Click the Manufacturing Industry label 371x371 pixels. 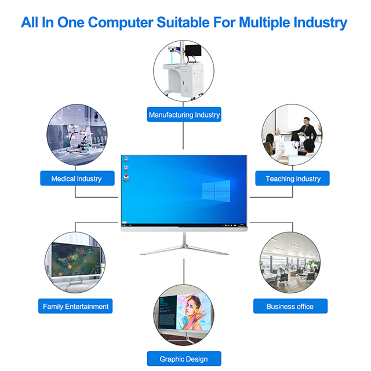coord(184,115)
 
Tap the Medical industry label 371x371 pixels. coord(76,179)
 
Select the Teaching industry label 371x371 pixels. coord(293,179)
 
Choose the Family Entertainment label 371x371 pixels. coord(76,306)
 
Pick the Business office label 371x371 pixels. coord(290,306)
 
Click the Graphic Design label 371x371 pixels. coord(183,359)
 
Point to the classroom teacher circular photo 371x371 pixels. coord(292,136)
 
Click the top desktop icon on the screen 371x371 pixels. coord(126,159)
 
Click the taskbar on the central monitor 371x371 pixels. coord(184,223)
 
